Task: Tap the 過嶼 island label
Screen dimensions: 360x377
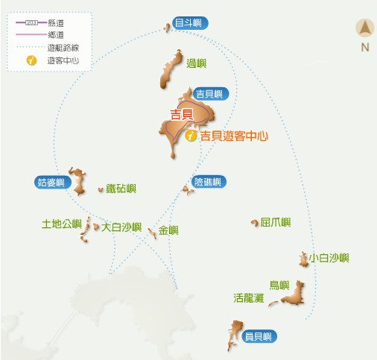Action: [x=196, y=63]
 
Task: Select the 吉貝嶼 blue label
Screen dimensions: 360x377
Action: [x=210, y=94]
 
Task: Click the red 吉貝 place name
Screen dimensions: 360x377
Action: [x=182, y=114]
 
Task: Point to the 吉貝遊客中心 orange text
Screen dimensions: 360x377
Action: [x=233, y=136]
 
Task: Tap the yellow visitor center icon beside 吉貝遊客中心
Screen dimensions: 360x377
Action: [x=191, y=136]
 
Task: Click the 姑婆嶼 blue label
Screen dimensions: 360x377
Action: [x=51, y=182]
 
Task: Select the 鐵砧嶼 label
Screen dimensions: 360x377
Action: [x=121, y=189]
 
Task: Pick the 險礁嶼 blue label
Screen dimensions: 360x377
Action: [x=208, y=182]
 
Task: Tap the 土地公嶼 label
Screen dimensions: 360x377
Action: [x=61, y=223]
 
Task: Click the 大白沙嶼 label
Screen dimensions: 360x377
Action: [x=121, y=227]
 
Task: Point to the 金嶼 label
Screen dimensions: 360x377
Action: [x=168, y=230]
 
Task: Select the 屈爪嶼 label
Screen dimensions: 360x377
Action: [x=276, y=222]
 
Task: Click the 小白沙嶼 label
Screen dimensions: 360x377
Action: [x=329, y=258]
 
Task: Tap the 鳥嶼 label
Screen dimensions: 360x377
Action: [x=279, y=284]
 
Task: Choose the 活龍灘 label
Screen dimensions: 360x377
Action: [x=248, y=297]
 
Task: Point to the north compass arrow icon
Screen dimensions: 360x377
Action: [x=365, y=30]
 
